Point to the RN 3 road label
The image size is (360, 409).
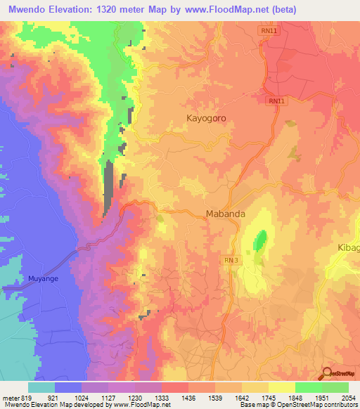coord(233,260)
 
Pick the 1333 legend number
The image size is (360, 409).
coord(162,398)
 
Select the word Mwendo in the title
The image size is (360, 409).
coord(27,10)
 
